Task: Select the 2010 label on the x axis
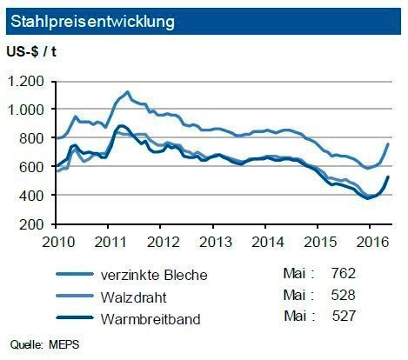(x=57, y=239)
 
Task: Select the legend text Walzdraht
(x=136, y=297)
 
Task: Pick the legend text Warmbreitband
(x=150, y=319)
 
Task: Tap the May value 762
(x=342, y=274)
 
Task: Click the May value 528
(x=342, y=297)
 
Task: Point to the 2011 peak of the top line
(x=128, y=91)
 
